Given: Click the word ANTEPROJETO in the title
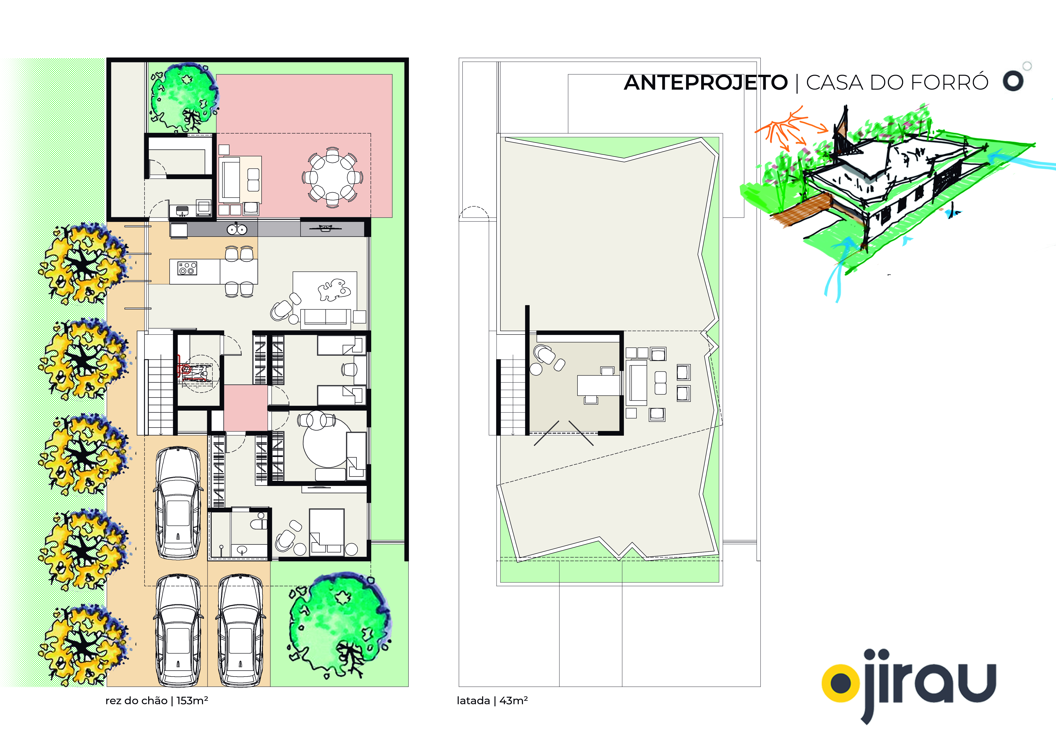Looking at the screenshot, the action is click(x=706, y=83).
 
